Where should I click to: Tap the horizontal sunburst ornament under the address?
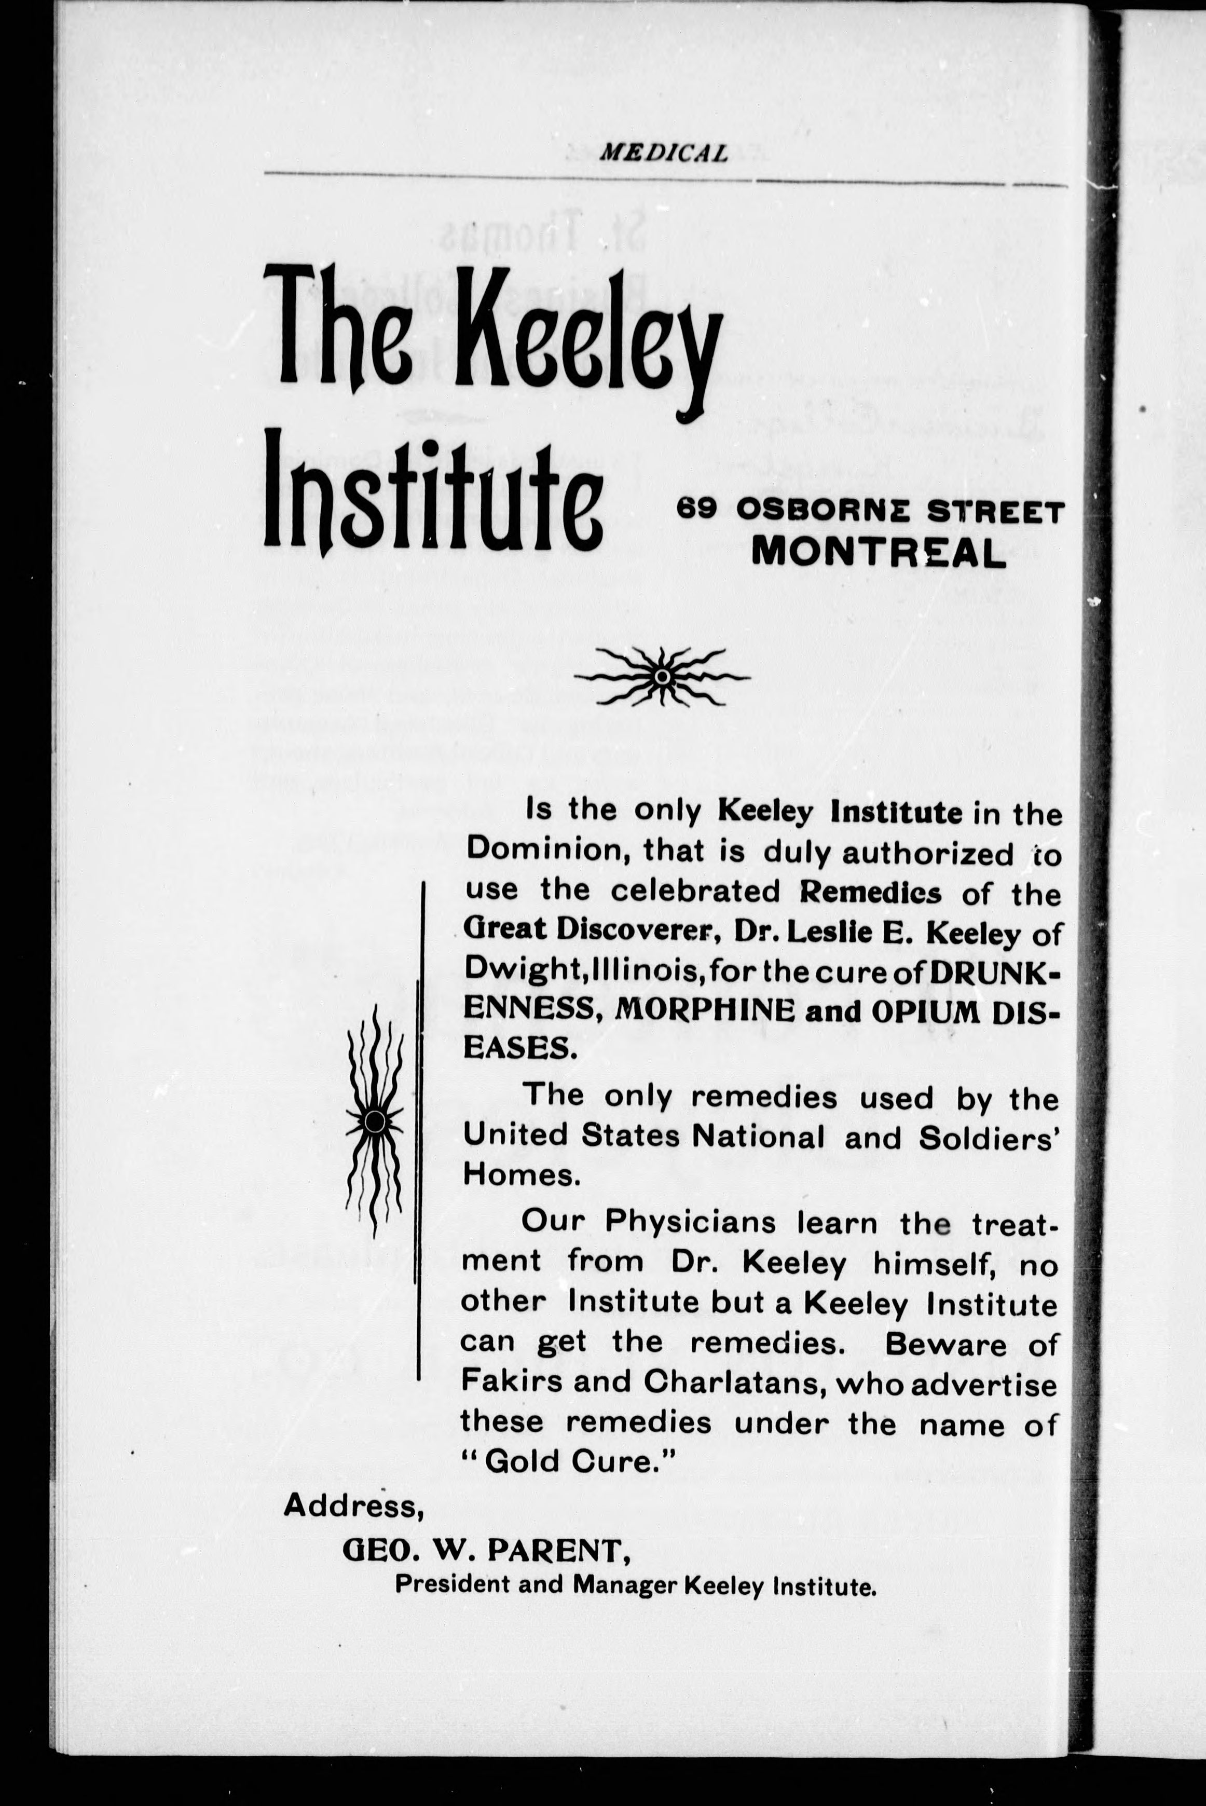click(x=662, y=676)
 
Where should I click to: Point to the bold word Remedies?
click(x=870, y=892)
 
